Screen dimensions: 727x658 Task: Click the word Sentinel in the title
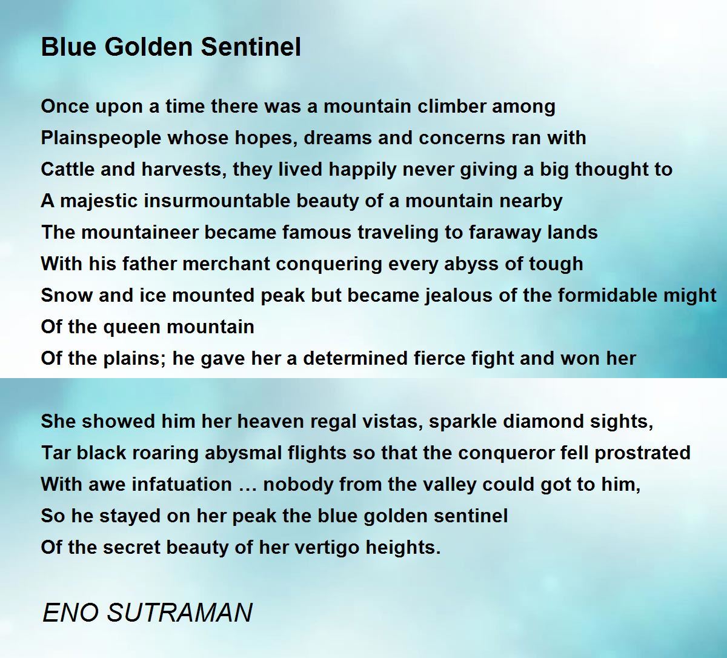tap(251, 47)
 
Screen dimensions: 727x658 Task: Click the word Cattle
tap(68, 169)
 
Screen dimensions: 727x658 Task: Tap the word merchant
tap(226, 264)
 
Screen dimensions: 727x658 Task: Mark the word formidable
tap(608, 295)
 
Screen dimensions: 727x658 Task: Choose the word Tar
tap(56, 453)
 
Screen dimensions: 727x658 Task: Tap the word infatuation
tap(182, 484)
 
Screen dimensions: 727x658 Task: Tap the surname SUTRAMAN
tap(180, 613)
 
